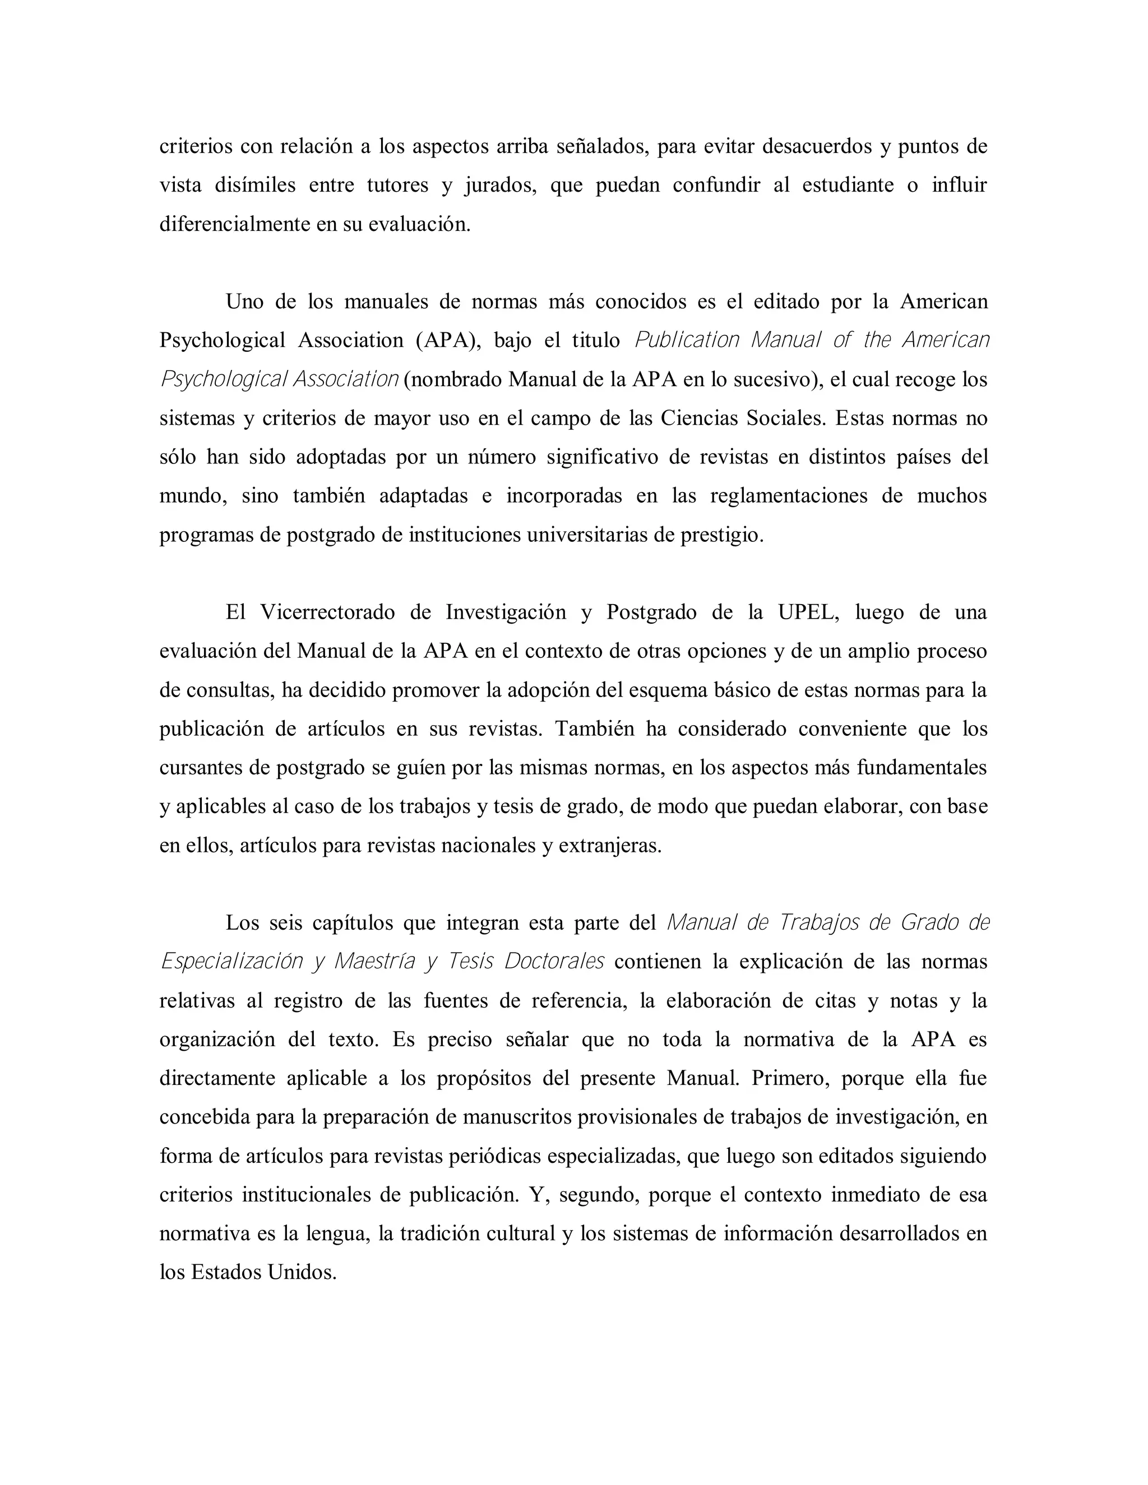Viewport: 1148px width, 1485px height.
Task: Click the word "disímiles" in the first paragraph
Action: (255, 185)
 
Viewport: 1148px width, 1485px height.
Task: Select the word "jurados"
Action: (499, 185)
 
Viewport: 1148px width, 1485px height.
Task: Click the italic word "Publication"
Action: (686, 340)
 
